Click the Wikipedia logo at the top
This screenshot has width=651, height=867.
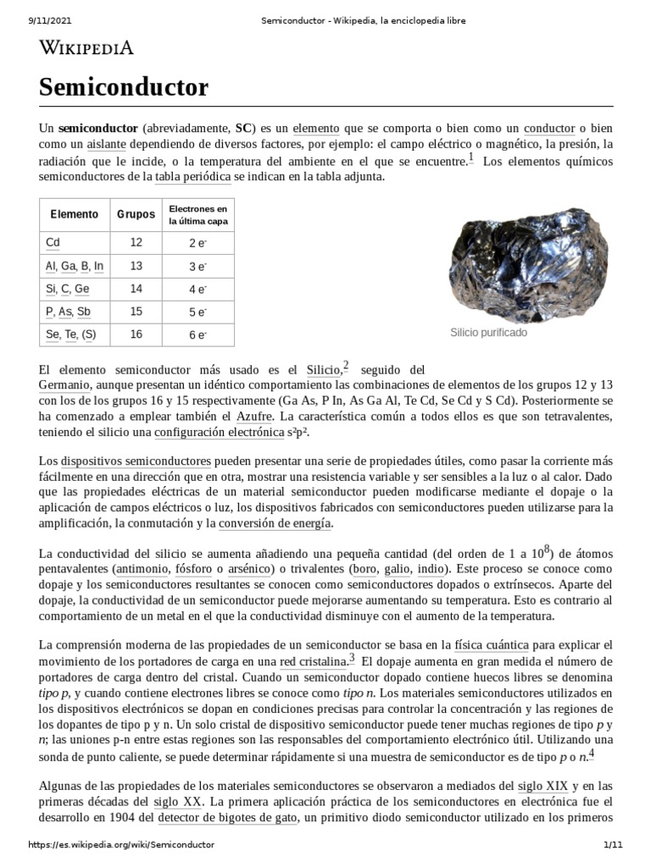click(86, 47)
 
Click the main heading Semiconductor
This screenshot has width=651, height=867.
click(124, 87)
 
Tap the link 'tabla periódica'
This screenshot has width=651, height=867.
click(192, 177)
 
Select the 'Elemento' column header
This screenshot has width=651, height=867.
click(74, 215)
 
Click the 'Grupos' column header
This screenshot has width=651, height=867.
click(136, 215)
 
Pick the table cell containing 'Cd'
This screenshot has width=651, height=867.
click(53, 243)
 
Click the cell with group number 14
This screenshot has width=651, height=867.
click(136, 289)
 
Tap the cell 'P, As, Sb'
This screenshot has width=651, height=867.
click(68, 312)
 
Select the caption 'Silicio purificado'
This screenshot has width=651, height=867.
click(488, 333)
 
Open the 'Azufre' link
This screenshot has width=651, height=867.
click(254, 417)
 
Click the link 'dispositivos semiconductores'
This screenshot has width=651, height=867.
click(136, 461)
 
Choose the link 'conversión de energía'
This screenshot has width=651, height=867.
click(275, 523)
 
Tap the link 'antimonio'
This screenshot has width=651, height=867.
click(142, 569)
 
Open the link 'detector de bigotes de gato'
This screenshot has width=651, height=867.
click(229, 818)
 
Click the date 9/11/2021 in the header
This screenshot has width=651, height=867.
click(37, 19)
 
